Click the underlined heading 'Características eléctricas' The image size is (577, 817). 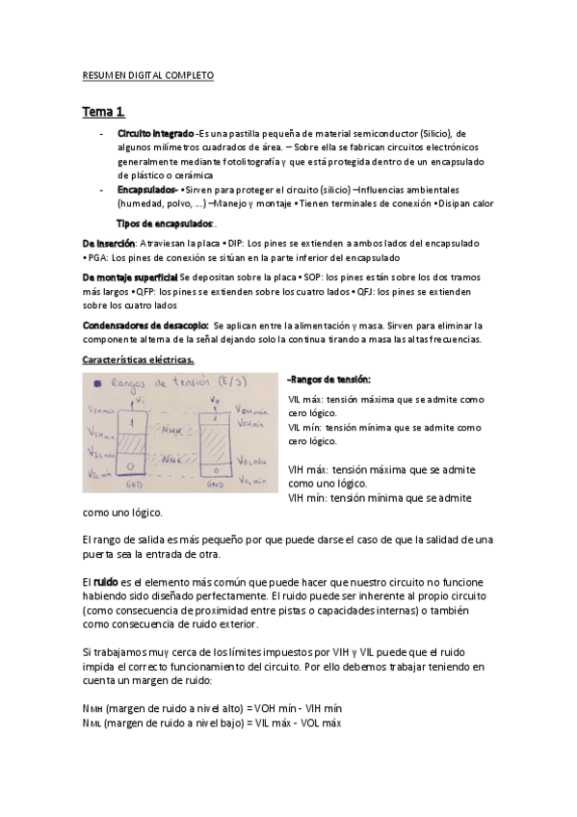click(139, 360)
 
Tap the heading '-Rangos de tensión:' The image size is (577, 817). click(329, 379)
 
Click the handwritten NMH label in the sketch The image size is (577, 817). click(173, 430)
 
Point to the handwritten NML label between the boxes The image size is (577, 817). click(172, 461)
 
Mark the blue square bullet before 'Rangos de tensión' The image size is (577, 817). click(97, 382)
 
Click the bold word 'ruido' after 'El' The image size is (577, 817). click(105, 584)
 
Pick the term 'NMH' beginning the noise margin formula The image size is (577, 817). click(93, 708)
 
